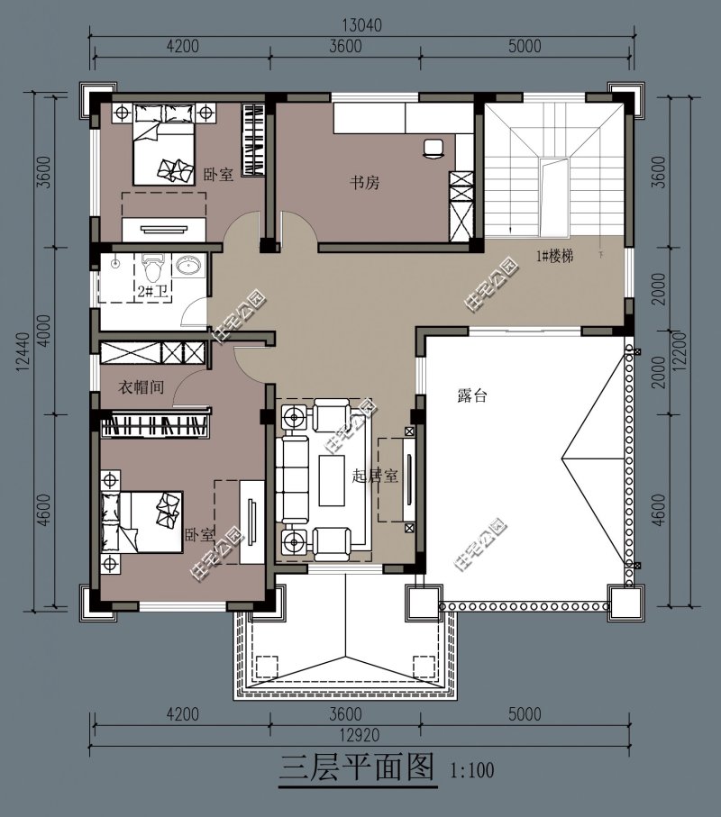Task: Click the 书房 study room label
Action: pyautogui.click(x=364, y=182)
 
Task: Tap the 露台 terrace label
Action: pyautogui.click(x=471, y=396)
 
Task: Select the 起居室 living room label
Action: pyautogui.click(x=375, y=476)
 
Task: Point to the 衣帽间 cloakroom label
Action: pyautogui.click(x=141, y=387)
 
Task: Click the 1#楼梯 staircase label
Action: pyautogui.click(x=555, y=256)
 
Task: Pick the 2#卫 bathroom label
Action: pyautogui.click(x=152, y=291)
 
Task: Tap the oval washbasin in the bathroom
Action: pyautogui.click(x=188, y=266)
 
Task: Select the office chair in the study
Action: pyautogui.click(x=434, y=148)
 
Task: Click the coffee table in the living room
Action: pyautogui.click(x=332, y=480)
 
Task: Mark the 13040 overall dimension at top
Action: pyautogui.click(x=361, y=24)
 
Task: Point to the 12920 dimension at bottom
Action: pyautogui.click(x=360, y=735)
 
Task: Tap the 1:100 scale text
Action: pyautogui.click(x=471, y=769)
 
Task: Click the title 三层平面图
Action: pyautogui.click(x=357, y=767)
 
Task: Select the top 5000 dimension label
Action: pyautogui.click(x=525, y=46)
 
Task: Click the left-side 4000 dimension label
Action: pyautogui.click(x=45, y=331)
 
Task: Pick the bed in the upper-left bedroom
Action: pyautogui.click(x=164, y=144)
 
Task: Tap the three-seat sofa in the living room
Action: pyautogui.click(x=295, y=480)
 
